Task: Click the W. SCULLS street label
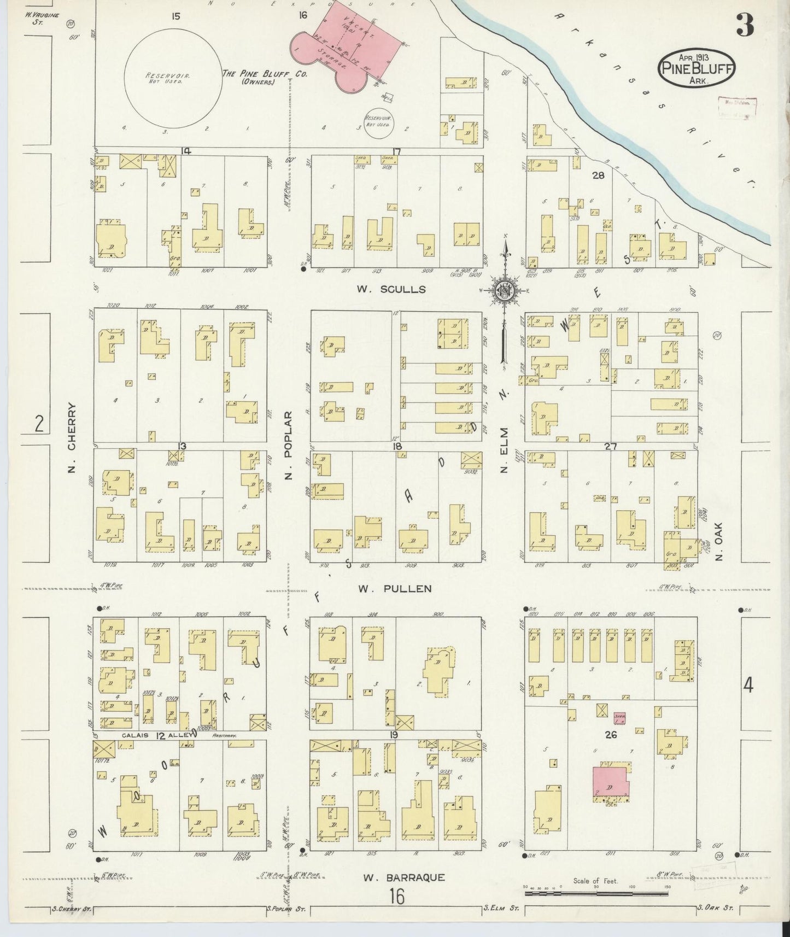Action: [x=391, y=289]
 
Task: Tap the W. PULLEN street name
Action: [x=395, y=589]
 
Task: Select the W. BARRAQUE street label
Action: [x=403, y=878]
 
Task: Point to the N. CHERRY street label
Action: [x=72, y=438]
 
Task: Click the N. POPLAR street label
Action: [x=290, y=445]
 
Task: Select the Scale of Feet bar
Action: [x=596, y=894]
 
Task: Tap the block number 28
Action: [x=599, y=175]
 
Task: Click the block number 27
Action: [x=610, y=447]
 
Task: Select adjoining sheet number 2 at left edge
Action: [x=39, y=424]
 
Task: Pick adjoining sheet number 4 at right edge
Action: [x=748, y=685]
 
